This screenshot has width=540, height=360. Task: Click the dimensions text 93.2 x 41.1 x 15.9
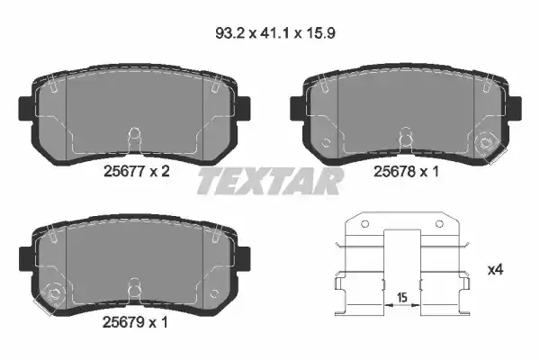[x=275, y=33]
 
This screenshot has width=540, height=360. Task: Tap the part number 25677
[x=123, y=171]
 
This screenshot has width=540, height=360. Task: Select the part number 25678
[x=394, y=171]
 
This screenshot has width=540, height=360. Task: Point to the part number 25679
[x=123, y=322]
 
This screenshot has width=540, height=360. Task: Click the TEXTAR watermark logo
[x=270, y=181]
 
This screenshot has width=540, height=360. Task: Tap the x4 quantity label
[x=496, y=270]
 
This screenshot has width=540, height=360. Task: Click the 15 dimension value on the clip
[x=402, y=297]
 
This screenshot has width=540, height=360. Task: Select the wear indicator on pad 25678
[x=488, y=144]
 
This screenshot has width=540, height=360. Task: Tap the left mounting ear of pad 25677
[x=25, y=109]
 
